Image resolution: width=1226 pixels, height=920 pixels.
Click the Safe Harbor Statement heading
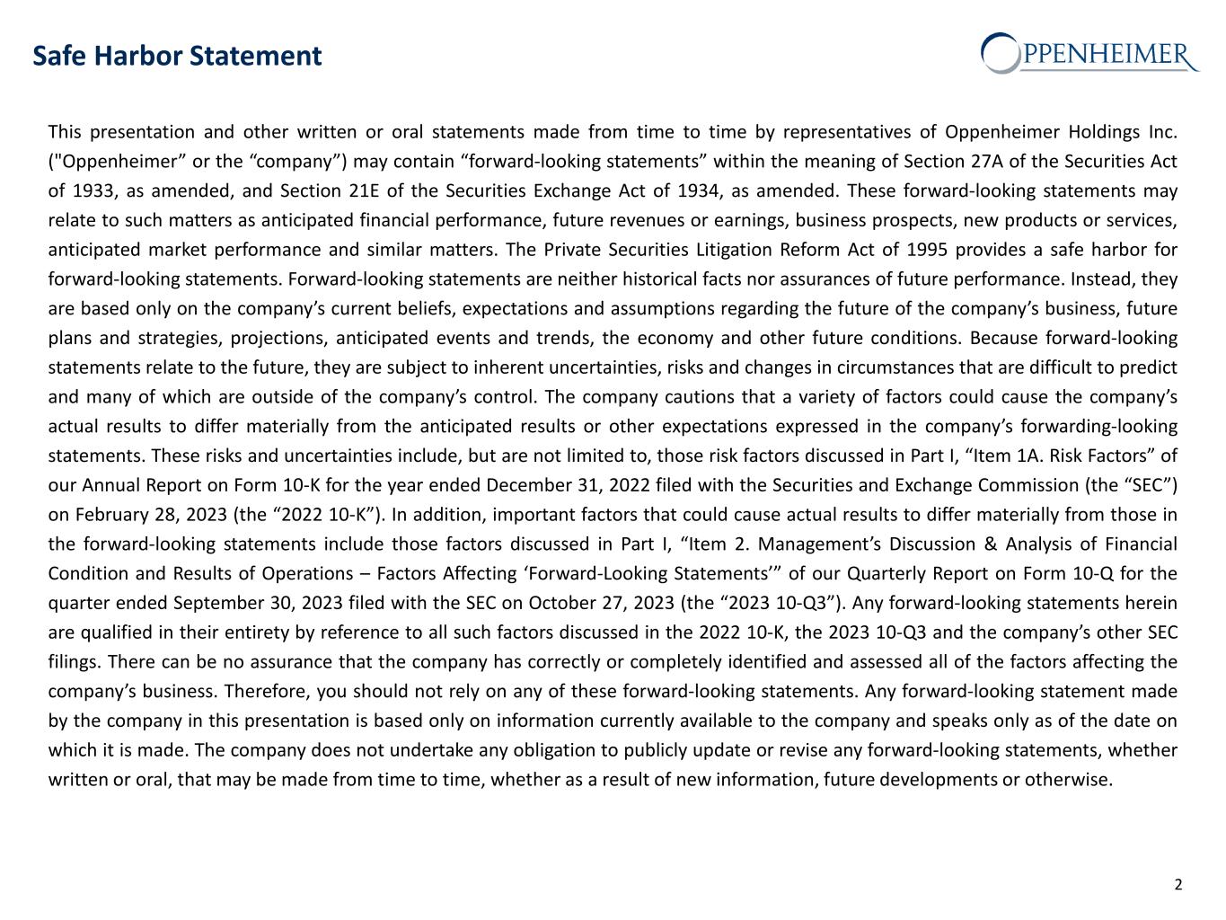tap(177, 57)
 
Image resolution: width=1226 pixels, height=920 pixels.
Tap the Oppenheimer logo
tap(1090, 53)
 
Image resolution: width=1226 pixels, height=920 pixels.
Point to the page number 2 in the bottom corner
tap(1178, 884)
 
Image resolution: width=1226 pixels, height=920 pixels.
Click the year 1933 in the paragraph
tap(92, 191)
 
